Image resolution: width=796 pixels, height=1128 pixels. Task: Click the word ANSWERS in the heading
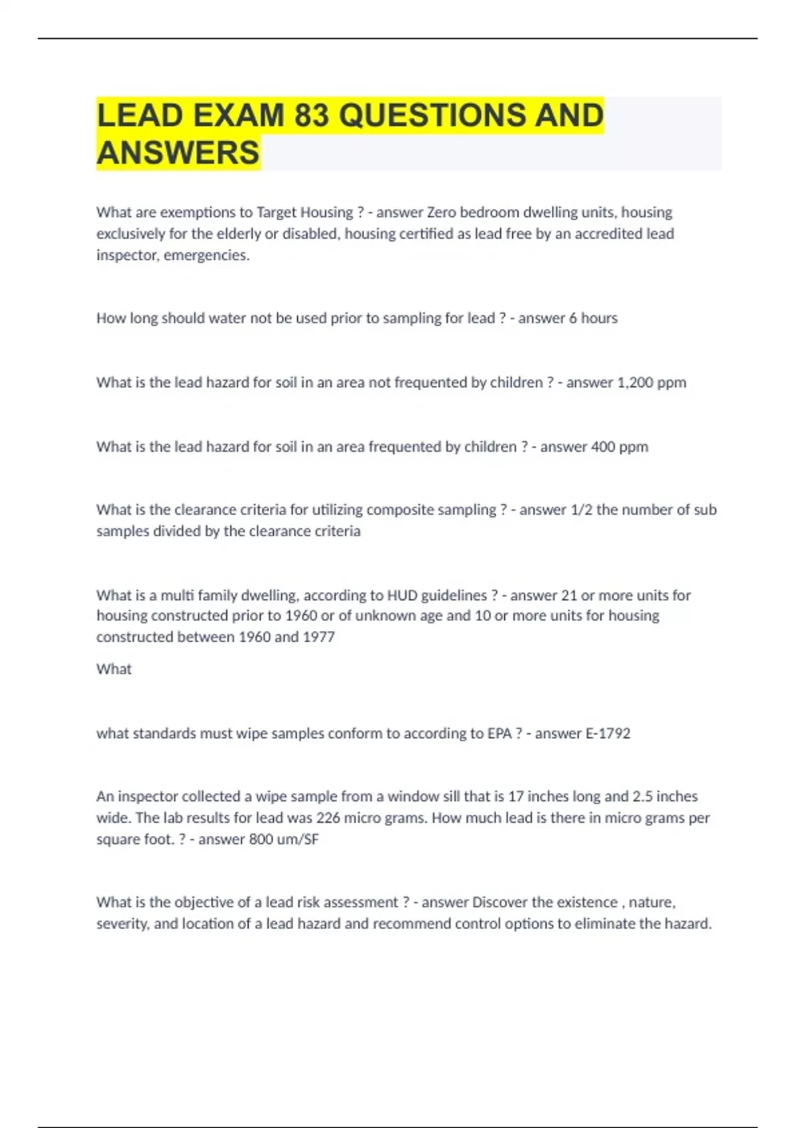178,153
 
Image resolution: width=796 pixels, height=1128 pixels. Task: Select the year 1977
318,637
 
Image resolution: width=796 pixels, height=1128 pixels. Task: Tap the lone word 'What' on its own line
114,669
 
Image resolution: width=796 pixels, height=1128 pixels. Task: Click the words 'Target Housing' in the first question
304,212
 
